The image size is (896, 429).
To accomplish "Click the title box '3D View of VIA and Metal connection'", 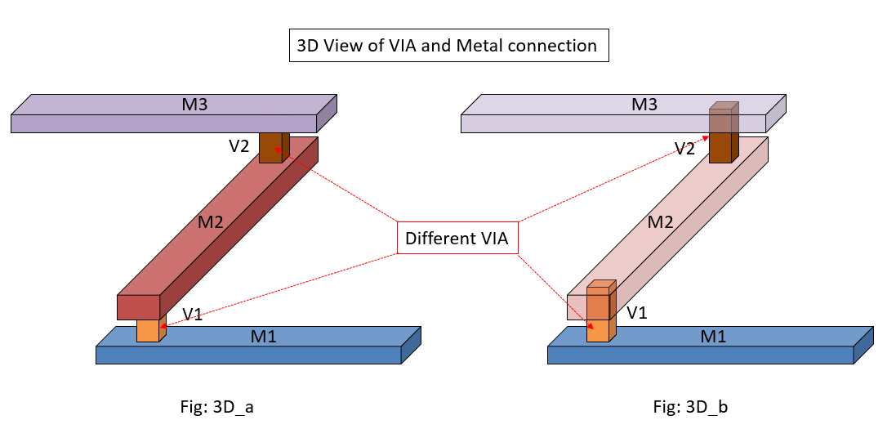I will pos(448,46).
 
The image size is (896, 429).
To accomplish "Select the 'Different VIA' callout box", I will pos(457,239).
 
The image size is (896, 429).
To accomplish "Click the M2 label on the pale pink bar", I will pos(660,221).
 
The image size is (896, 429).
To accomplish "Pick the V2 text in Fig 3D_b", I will pos(685,149).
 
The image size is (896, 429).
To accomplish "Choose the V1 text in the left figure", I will pos(193,314).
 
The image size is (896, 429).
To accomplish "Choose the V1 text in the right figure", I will pos(638,314).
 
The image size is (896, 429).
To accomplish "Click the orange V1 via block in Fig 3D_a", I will pos(149,330).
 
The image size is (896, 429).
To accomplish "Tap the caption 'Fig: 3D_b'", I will pos(680,405).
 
